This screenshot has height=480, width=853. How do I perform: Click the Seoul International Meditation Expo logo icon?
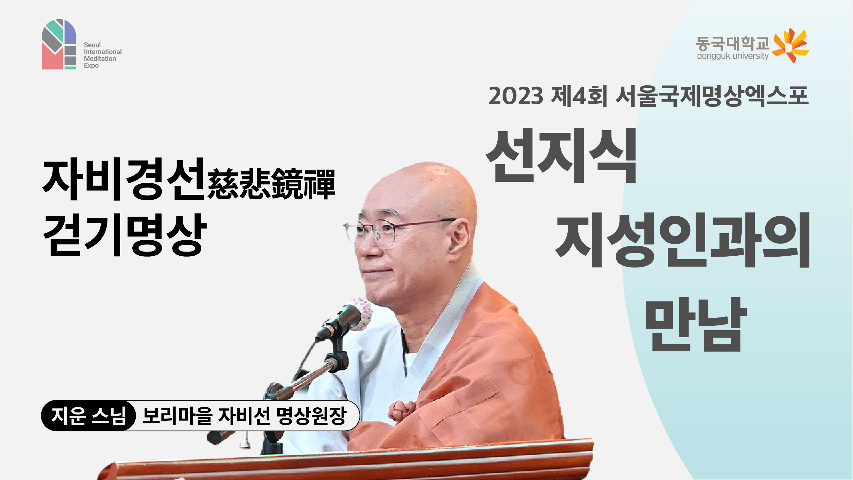click(x=59, y=44)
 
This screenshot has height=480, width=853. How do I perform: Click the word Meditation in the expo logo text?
click(x=100, y=59)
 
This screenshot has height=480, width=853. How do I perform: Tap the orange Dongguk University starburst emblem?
click(x=790, y=46)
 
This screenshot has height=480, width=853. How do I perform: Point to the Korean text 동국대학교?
click(x=732, y=44)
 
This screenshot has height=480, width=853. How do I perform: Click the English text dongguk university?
click(x=732, y=56)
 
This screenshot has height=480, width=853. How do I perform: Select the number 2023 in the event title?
click(x=516, y=96)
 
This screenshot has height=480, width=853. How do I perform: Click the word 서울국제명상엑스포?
click(x=712, y=96)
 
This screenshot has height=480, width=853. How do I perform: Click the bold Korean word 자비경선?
click(x=123, y=180)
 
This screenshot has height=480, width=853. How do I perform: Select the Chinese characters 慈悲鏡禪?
click(x=271, y=184)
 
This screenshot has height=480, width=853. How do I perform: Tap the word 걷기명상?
click(x=124, y=235)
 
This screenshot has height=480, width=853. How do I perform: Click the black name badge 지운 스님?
click(x=88, y=416)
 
